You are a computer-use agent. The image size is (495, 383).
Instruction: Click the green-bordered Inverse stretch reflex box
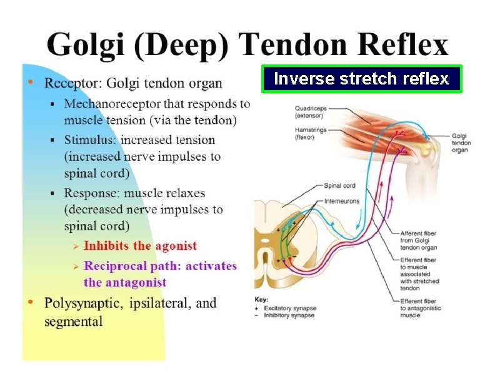coord(361,79)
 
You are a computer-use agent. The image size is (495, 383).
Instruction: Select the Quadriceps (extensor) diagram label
coord(311,111)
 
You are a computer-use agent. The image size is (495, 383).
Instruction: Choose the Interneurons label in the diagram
coord(342,202)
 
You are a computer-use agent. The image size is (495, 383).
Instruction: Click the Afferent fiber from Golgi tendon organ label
coord(418,240)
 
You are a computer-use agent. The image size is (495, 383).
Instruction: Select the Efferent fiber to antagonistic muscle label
coord(420,308)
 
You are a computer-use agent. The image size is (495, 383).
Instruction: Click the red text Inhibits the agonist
coord(140,246)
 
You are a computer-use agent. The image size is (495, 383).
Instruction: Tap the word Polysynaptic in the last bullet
coord(83,304)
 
